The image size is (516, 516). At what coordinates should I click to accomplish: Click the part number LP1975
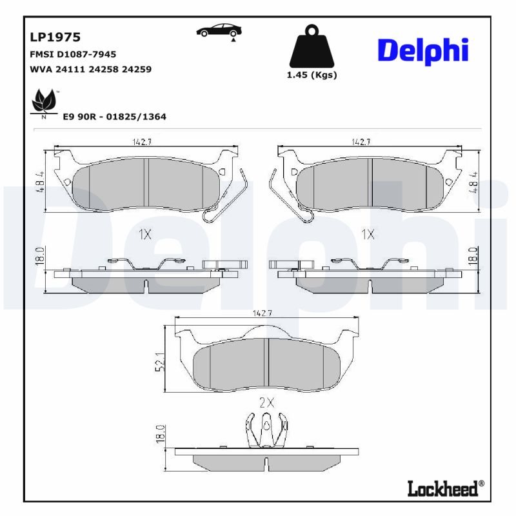[x=55, y=38]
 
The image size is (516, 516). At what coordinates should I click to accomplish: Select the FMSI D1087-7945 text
[x=73, y=55]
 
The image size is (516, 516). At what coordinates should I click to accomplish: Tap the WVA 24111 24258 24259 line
[x=90, y=69]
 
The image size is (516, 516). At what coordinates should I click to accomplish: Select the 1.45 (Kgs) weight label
[x=312, y=75]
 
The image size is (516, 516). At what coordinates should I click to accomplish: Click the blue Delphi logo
[x=422, y=50]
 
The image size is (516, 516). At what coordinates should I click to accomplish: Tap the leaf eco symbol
[x=43, y=103]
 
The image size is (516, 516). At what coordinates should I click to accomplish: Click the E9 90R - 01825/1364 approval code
[x=114, y=117]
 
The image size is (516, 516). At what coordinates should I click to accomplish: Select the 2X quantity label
[x=266, y=402]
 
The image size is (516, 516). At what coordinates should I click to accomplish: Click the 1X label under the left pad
[x=145, y=235]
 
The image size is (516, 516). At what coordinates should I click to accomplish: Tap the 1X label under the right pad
[x=368, y=235]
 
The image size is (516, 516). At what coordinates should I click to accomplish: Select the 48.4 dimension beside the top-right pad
[x=475, y=183]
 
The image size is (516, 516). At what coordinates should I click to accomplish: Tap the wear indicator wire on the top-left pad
[x=229, y=200]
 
